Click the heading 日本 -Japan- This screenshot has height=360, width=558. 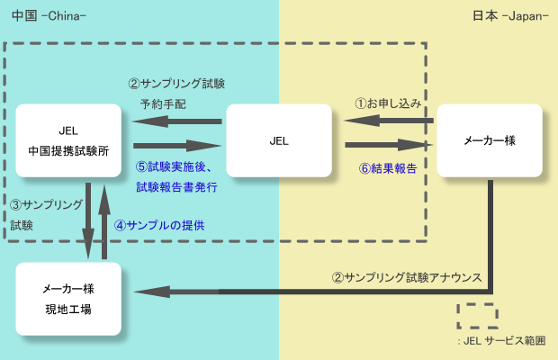tap(509, 16)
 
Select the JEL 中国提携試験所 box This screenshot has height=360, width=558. tap(69, 139)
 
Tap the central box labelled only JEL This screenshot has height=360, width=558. tap(278, 140)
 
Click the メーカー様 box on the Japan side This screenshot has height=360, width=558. tap(489, 140)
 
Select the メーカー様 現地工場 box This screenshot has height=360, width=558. tap(69, 298)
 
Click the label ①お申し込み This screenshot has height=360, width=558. tap(388, 103)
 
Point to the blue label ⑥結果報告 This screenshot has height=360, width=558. tap(387, 167)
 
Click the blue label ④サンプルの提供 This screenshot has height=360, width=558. tap(166, 225)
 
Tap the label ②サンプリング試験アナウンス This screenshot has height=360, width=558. tap(405, 276)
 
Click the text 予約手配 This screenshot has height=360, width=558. tap(163, 103)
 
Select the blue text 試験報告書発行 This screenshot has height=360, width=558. tap(176, 187)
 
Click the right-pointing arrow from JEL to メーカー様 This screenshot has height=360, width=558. tap(388, 144)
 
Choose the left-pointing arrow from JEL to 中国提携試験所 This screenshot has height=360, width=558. tap(177, 121)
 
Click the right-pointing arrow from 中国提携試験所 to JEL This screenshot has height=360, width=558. tap(177, 144)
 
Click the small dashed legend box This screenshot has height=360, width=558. tap(476, 316)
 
